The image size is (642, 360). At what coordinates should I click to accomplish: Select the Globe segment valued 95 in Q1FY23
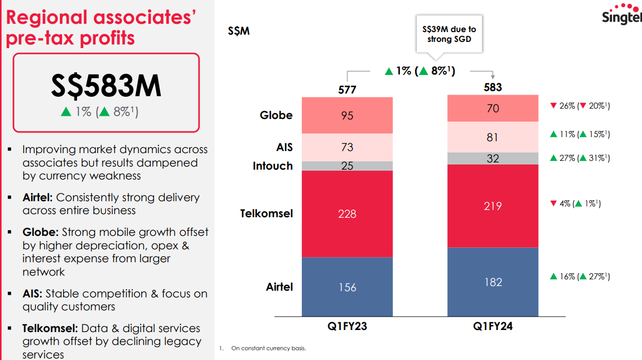click(347, 115)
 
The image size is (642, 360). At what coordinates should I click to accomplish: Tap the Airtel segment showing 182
click(493, 282)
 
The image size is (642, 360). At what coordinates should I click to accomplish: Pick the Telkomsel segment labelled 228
click(347, 214)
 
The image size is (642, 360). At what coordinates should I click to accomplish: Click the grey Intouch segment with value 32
click(493, 158)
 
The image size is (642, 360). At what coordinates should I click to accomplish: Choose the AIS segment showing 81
click(493, 137)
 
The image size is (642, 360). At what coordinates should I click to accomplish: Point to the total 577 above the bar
click(347, 90)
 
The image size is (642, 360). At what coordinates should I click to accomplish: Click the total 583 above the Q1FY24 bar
click(493, 87)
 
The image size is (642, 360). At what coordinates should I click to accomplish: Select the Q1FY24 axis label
click(493, 327)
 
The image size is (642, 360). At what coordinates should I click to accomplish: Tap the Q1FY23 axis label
click(347, 327)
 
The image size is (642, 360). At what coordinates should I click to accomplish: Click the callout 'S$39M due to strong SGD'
click(449, 35)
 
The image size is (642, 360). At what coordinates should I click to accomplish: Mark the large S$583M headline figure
click(106, 86)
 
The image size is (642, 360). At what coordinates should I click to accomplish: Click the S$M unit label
click(239, 31)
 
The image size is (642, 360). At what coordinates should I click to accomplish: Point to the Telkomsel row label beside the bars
click(266, 213)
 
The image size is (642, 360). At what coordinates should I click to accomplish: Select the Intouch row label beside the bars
click(272, 166)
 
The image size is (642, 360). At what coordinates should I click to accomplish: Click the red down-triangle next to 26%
click(554, 106)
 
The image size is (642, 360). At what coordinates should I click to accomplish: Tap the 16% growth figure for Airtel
click(567, 277)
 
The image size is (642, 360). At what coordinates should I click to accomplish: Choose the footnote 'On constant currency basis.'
click(268, 348)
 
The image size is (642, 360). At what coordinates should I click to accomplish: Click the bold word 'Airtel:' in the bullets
click(38, 198)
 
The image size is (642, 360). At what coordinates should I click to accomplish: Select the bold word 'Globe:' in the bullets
click(40, 232)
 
